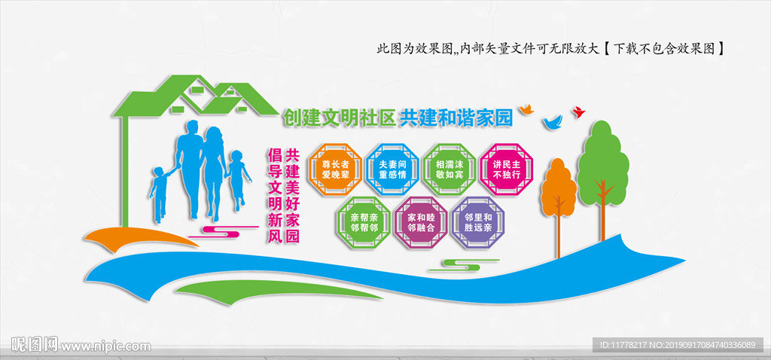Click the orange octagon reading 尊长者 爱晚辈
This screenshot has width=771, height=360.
pos(335,169)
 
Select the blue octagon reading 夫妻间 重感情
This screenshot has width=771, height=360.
pos(392,169)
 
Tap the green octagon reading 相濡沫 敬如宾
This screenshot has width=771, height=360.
pos(449,169)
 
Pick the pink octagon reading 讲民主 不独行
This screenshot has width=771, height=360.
pos(506,169)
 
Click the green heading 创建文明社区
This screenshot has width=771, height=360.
pos(338,117)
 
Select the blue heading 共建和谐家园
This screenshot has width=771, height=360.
pos(455,117)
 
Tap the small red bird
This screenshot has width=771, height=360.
pos(578,112)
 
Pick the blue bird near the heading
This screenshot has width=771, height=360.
pos(553,121)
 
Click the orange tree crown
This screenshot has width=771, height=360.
pos(558,184)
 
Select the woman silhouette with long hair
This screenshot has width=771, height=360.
pos(215,169)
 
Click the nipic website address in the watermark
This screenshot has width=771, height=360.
pos(106,346)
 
